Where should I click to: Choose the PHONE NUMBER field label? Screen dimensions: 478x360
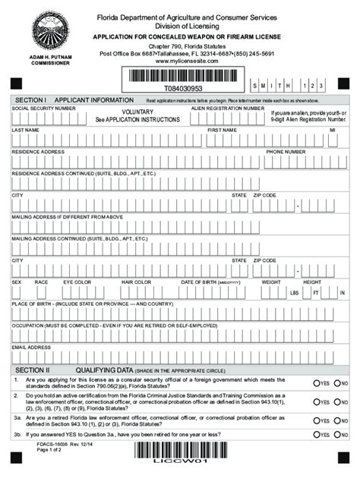[286, 152]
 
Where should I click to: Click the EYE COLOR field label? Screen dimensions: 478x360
[77, 281]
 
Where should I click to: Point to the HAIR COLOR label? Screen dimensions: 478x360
[137, 281]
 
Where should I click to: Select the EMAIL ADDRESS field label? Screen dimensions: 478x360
[31, 347]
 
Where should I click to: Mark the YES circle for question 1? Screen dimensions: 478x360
[317, 384]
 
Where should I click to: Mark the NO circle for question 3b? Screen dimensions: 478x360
[336, 435]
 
